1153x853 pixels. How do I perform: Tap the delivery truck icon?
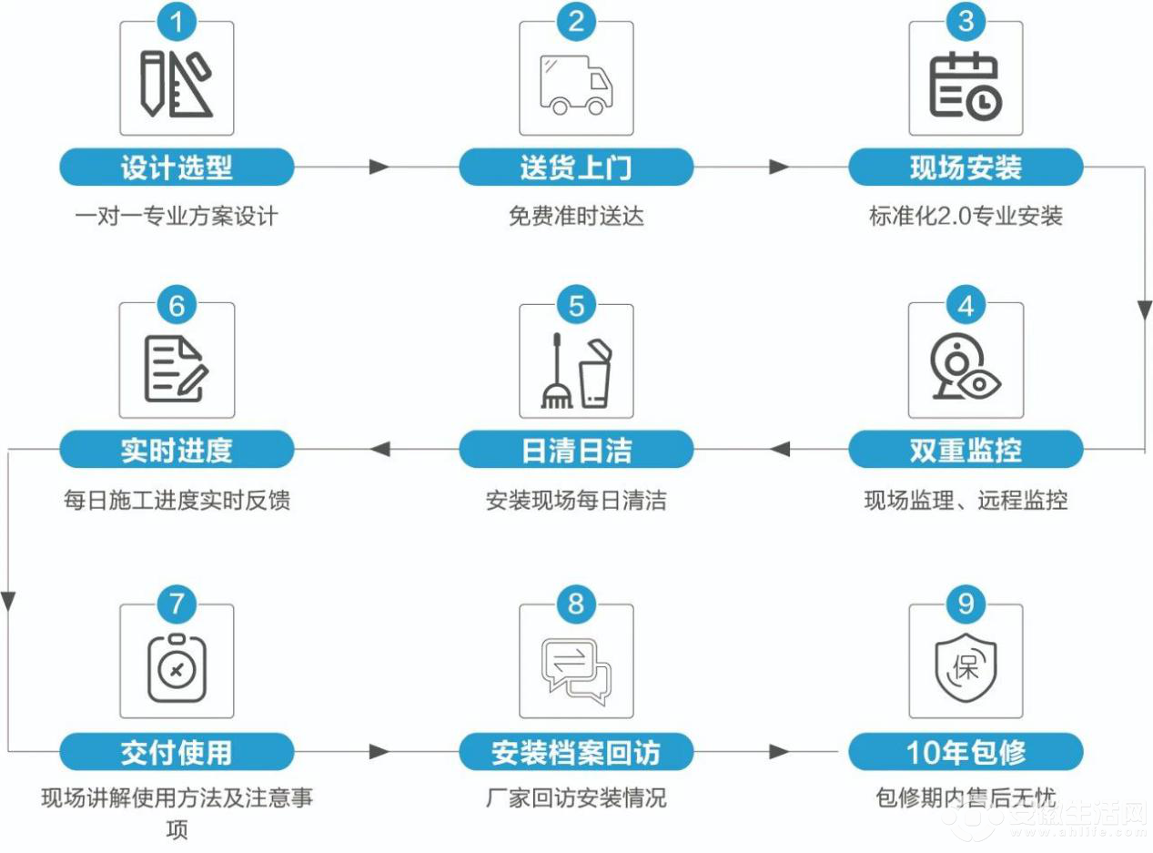pos(576,85)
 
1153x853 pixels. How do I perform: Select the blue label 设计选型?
pos(177,167)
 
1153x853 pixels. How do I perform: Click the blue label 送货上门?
pos(576,167)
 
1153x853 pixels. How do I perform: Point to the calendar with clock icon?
pos(966,86)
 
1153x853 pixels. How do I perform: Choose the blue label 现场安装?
pos(966,167)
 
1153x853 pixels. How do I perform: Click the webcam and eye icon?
pos(966,367)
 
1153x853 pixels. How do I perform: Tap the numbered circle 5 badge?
pos(576,305)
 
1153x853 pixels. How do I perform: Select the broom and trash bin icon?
pos(576,371)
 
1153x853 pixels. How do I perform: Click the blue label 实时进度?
pos(177,450)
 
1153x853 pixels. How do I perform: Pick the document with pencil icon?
pos(176,370)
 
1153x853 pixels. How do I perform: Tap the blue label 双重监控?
pos(966,450)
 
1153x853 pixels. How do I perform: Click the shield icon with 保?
pos(966,668)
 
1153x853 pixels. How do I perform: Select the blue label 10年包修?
pos(966,752)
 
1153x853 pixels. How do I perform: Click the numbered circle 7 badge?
pos(177,604)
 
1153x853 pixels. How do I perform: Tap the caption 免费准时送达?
pos(576,216)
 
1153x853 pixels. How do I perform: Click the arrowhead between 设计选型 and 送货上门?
pos(379,167)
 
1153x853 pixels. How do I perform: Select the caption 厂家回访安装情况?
pos(576,797)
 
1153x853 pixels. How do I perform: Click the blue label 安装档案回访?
pos(576,752)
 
